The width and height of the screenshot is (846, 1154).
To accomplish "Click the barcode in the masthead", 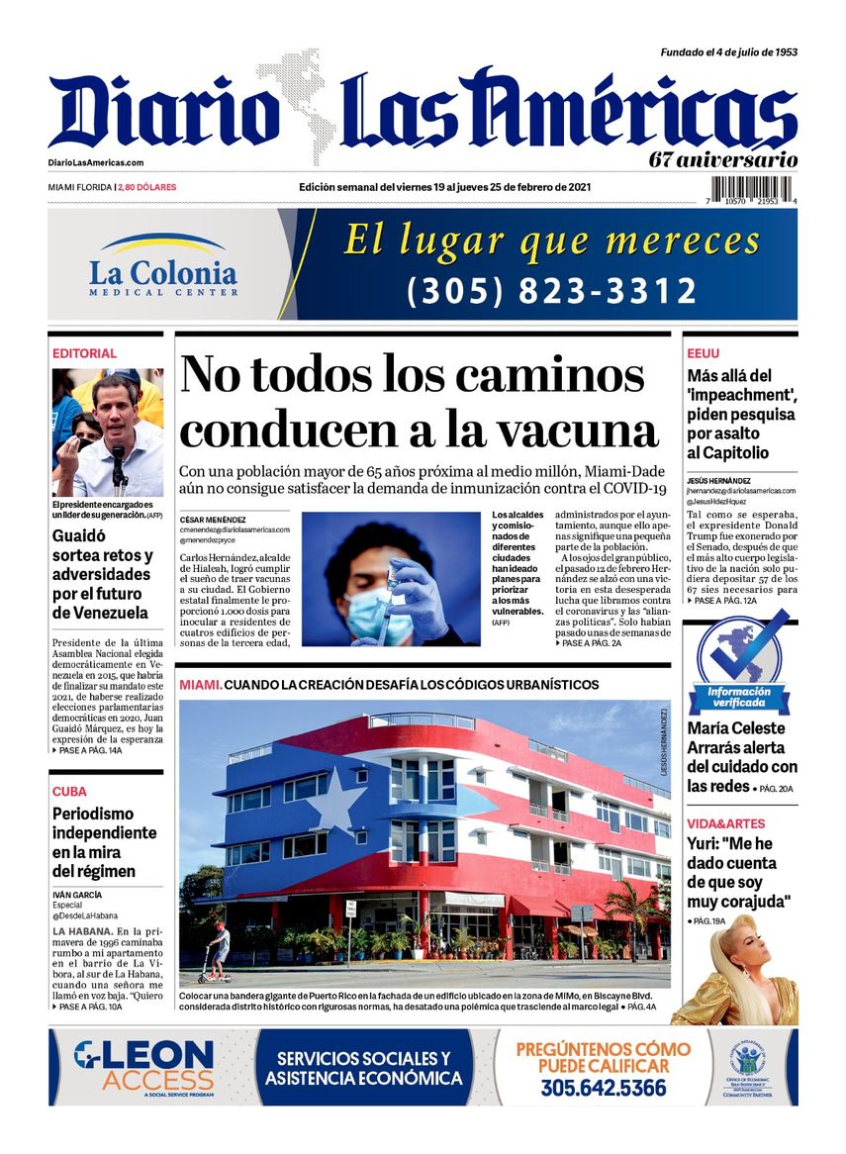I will pos(754,189).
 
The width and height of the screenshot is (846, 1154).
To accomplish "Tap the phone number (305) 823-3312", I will pos(552,291).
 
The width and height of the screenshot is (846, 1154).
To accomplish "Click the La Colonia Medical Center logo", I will pos(163,266).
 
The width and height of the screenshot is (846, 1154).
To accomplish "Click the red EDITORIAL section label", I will pos(84,353).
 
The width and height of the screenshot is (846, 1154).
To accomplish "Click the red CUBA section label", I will pos(69,791).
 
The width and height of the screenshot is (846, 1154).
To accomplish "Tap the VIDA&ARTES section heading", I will pos(725,823).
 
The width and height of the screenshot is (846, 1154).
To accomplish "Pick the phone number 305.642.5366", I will pos(603,1088).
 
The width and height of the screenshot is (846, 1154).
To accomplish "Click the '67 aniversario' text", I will pos(723,158).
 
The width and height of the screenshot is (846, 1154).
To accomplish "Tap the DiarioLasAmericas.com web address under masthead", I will pos(96,163).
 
